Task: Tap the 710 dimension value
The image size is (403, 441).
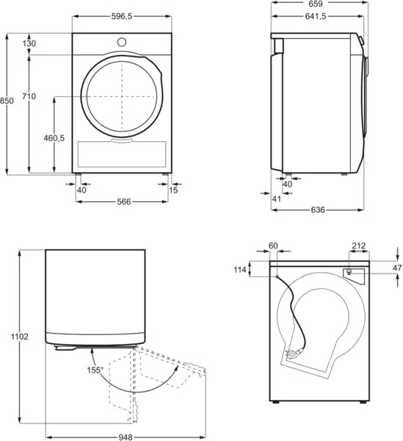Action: pos(29,96)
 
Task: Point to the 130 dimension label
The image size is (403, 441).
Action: pos(29,44)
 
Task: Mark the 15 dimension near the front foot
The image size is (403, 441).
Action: pos(173,190)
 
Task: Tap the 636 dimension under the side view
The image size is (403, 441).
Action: pos(318,210)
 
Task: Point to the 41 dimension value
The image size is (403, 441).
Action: pos(276,199)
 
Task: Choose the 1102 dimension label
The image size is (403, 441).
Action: pos(20,337)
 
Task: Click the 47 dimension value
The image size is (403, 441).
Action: pos(397,268)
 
